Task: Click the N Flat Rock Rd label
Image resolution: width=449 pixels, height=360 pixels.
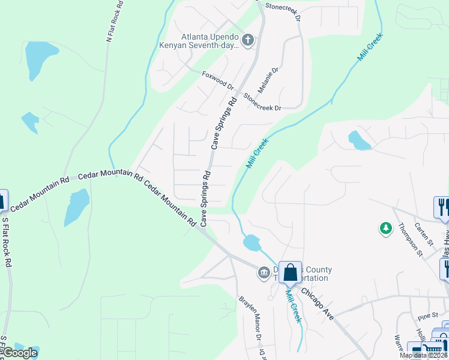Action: click(x=114, y=21)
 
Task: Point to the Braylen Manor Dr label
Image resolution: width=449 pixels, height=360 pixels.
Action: click(x=252, y=318)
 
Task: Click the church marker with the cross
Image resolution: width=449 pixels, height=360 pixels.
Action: click(x=247, y=40)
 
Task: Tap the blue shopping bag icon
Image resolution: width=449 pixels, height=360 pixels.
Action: click(x=290, y=272)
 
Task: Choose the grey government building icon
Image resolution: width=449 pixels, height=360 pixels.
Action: click(x=264, y=273)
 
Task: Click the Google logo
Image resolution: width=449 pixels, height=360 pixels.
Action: click(x=19, y=353)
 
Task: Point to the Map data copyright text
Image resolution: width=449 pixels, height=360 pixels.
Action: click(x=423, y=355)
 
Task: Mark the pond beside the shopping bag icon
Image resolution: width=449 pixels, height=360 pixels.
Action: click(x=252, y=243)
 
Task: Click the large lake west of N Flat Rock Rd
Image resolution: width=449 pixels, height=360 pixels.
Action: click(x=37, y=60)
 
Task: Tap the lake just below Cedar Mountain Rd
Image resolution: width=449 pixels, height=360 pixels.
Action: click(x=77, y=205)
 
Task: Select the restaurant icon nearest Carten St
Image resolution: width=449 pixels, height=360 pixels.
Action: click(x=441, y=207)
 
